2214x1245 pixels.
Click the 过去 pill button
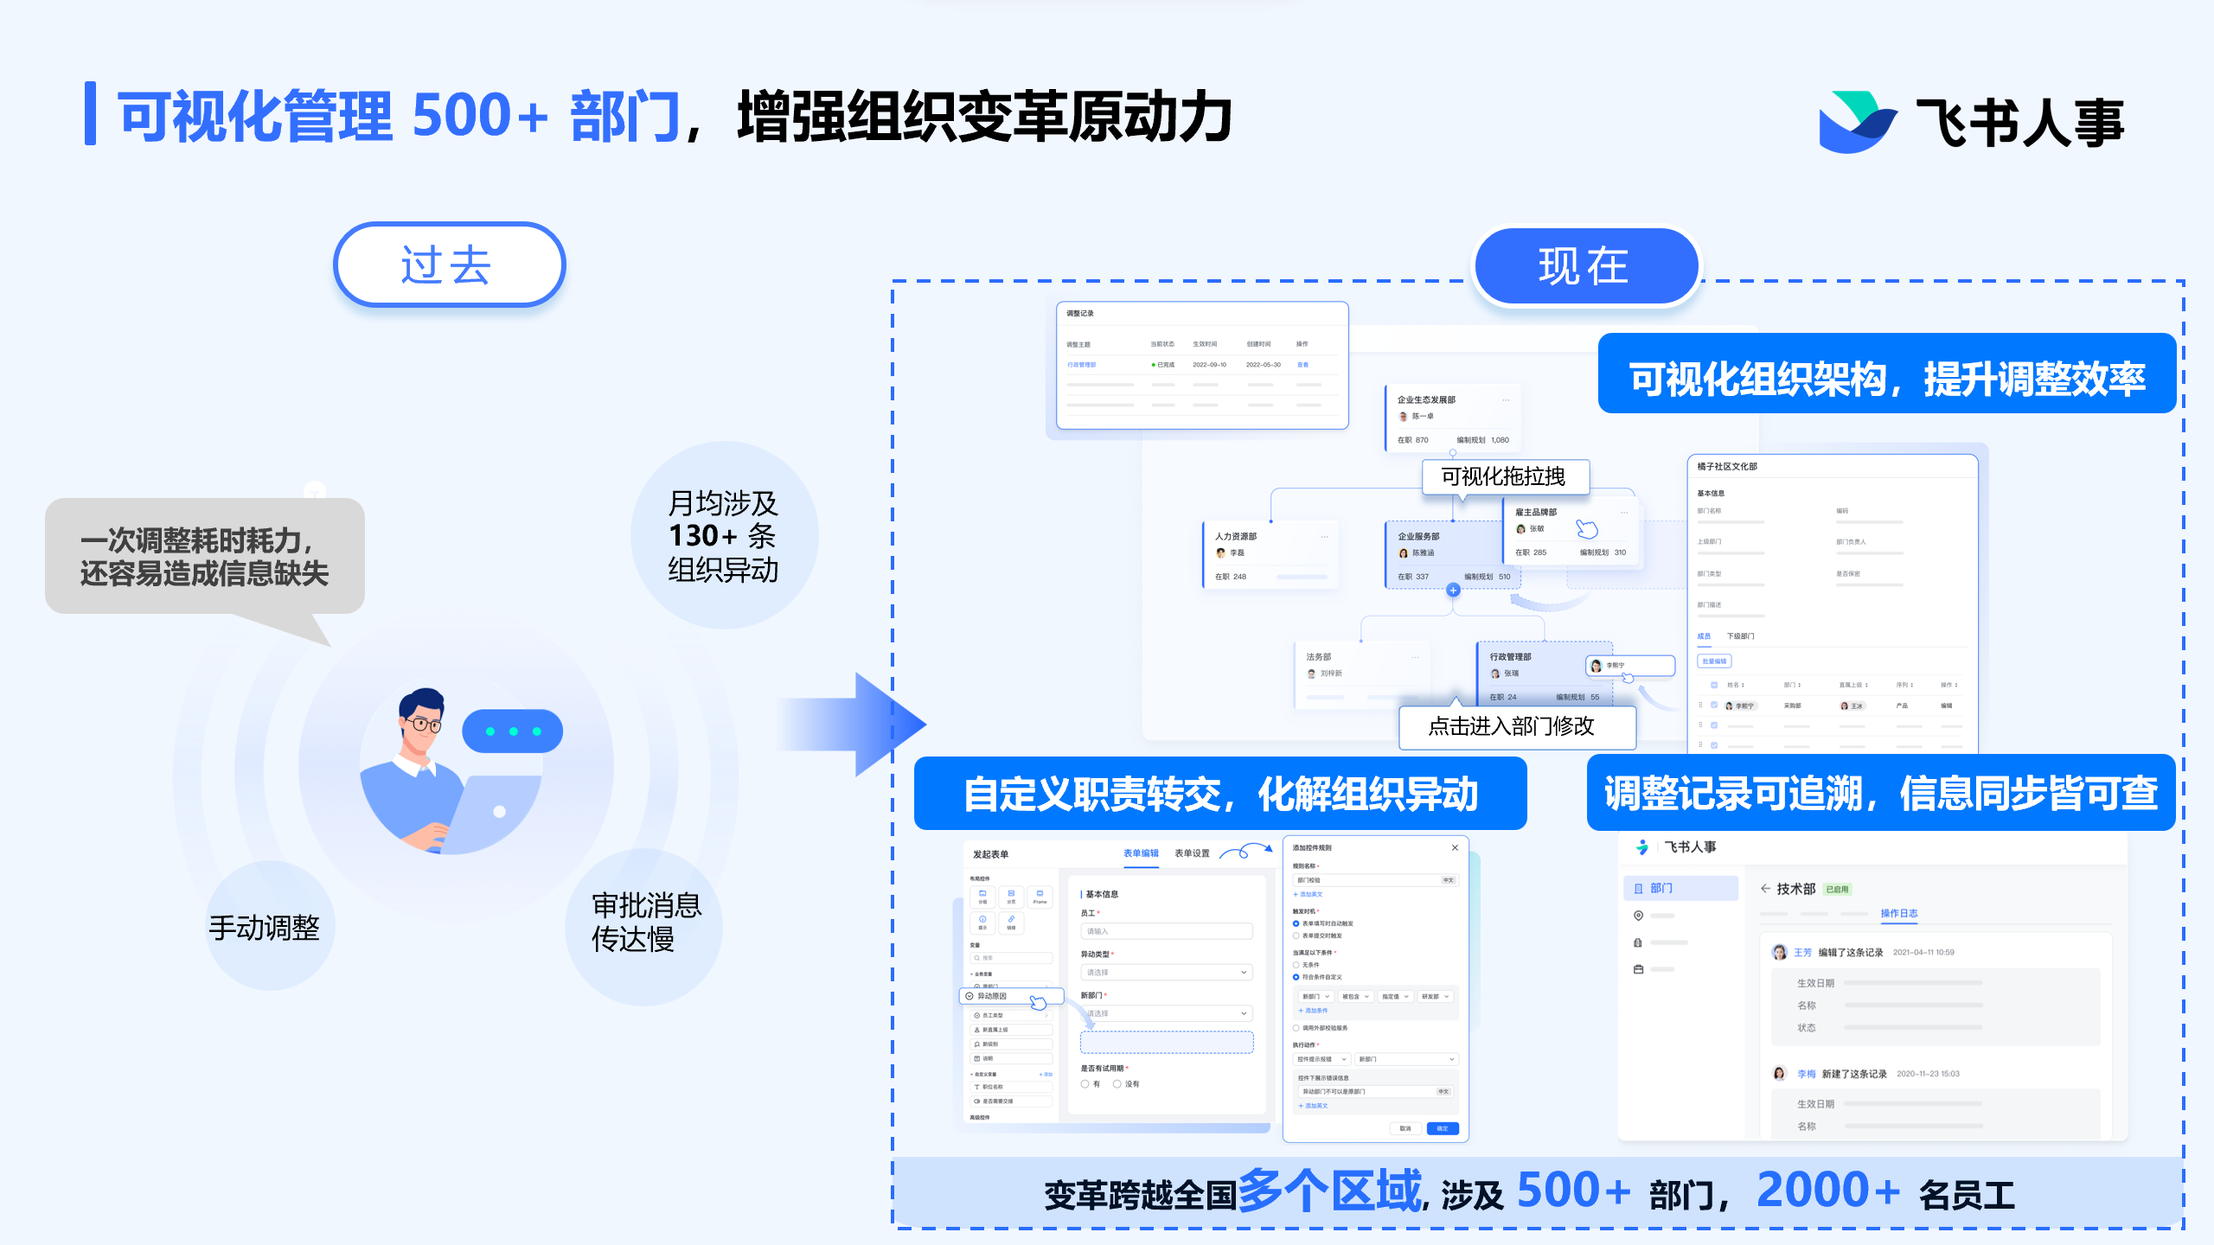tap(449, 265)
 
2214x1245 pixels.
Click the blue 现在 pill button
tap(1584, 265)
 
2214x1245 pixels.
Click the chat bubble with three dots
tap(512, 731)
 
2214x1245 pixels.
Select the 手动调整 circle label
tap(265, 928)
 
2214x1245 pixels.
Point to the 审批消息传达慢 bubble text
tap(645, 923)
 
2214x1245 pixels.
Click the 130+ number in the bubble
tap(704, 536)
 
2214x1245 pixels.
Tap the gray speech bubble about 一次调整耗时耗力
tap(205, 557)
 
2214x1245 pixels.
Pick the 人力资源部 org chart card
tap(1270, 554)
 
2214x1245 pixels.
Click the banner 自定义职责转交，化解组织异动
tap(1220, 794)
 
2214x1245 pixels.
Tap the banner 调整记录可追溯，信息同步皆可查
tap(1881, 793)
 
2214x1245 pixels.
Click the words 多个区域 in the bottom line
tap(1329, 1191)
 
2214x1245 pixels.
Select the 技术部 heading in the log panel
tap(1795, 889)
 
